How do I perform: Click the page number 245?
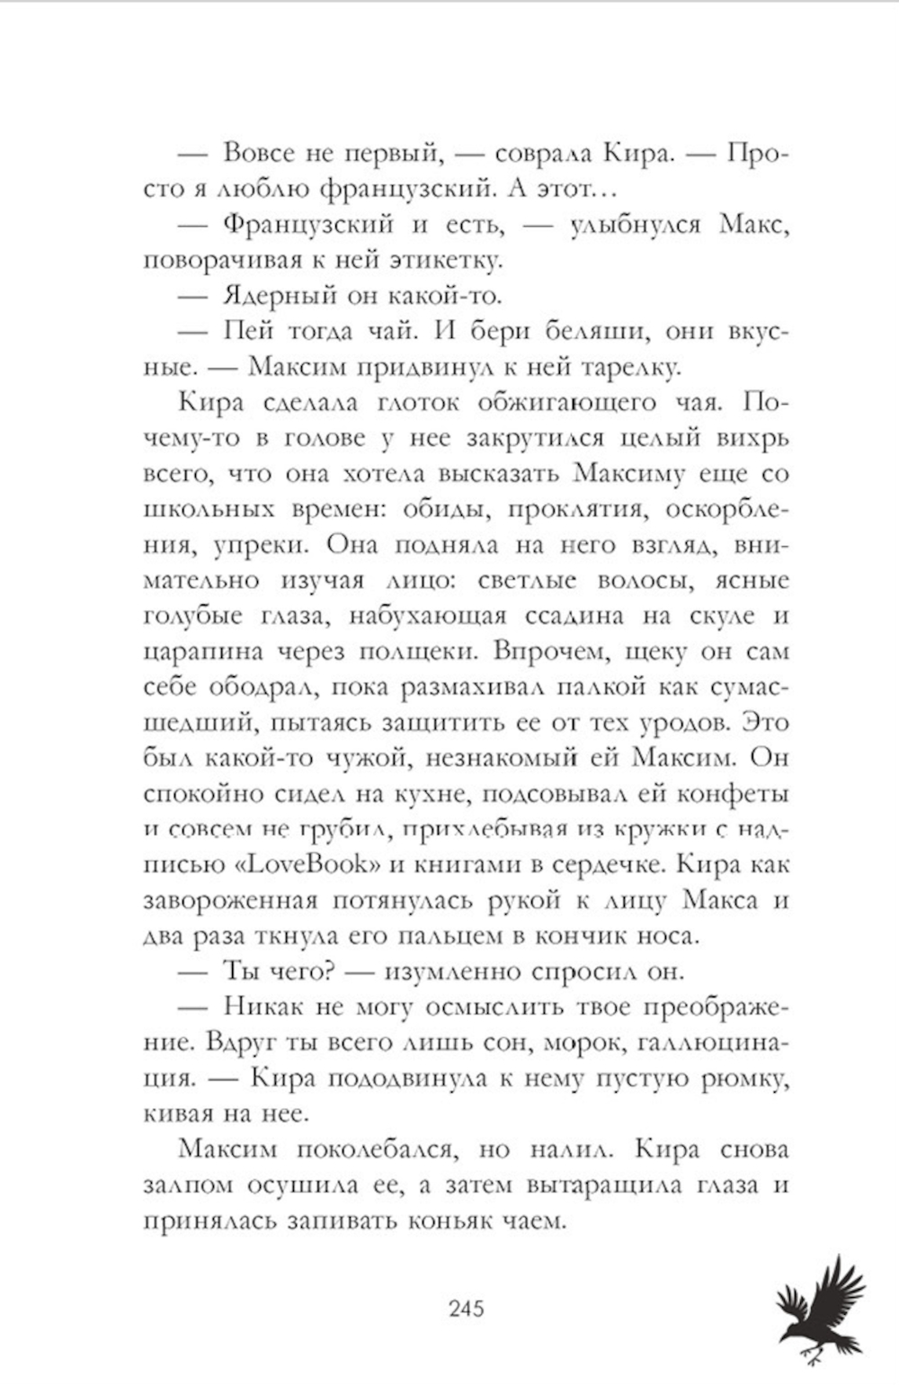coord(466,1307)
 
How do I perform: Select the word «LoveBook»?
coord(298,865)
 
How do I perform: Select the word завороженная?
coord(231,901)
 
